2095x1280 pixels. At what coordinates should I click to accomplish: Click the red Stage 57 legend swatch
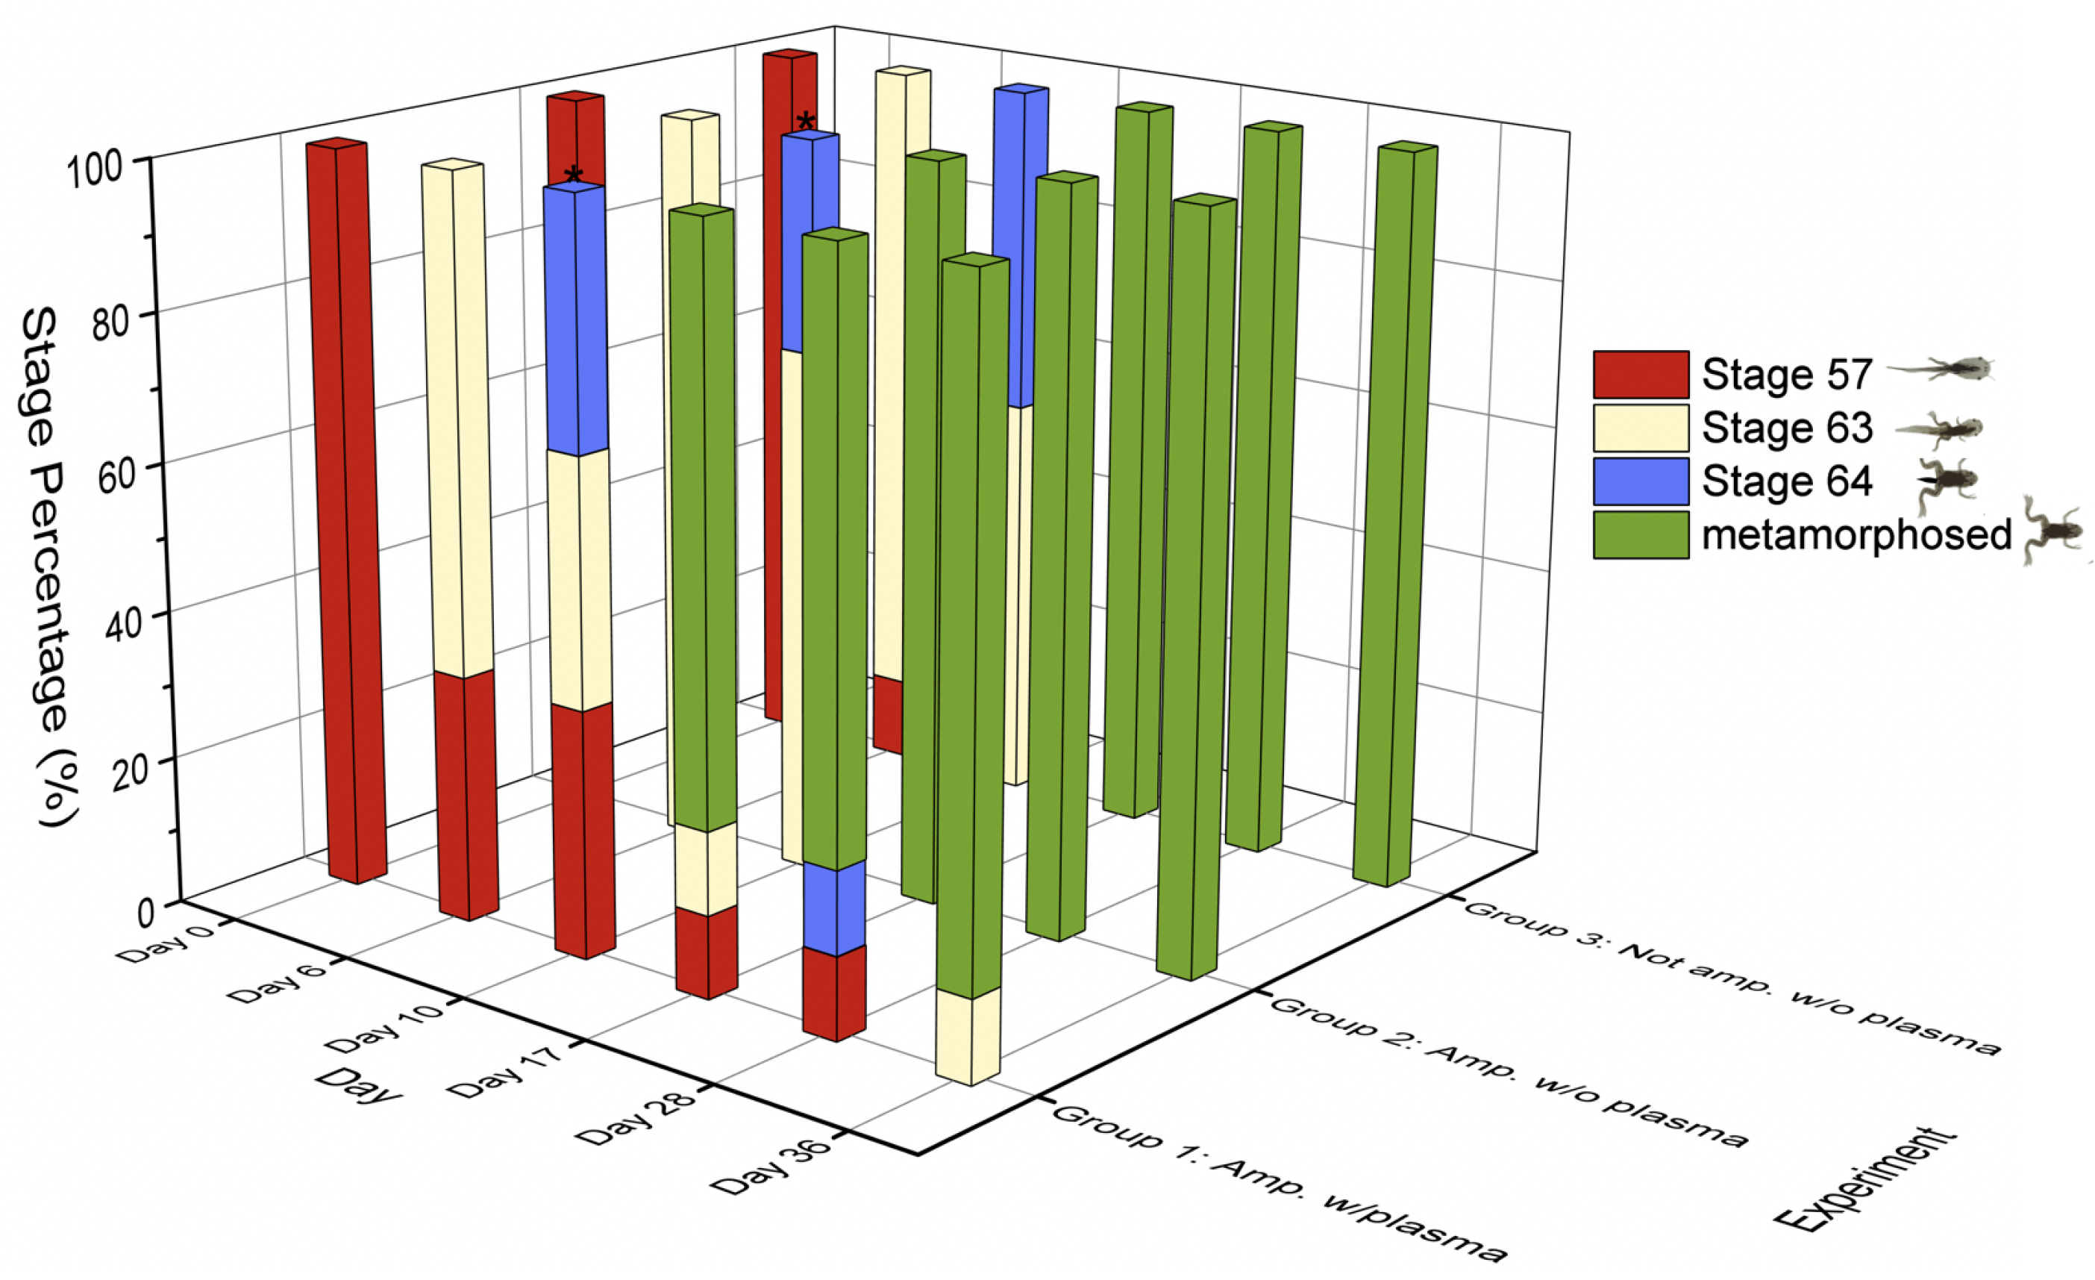pos(1640,374)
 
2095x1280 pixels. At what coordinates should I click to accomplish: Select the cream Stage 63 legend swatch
pos(1640,428)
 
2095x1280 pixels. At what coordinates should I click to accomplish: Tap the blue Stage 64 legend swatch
pos(1640,481)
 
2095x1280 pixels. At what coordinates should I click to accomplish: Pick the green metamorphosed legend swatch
pos(1640,535)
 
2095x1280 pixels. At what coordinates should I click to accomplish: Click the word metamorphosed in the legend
pos(1856,535)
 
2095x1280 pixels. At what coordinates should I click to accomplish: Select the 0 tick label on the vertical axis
pos(146,913)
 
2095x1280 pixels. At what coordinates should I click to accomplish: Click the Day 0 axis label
pos(165,945)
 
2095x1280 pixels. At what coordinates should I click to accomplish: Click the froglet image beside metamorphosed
pos(2053,531)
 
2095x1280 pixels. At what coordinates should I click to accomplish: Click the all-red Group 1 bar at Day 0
pos(346,511)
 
